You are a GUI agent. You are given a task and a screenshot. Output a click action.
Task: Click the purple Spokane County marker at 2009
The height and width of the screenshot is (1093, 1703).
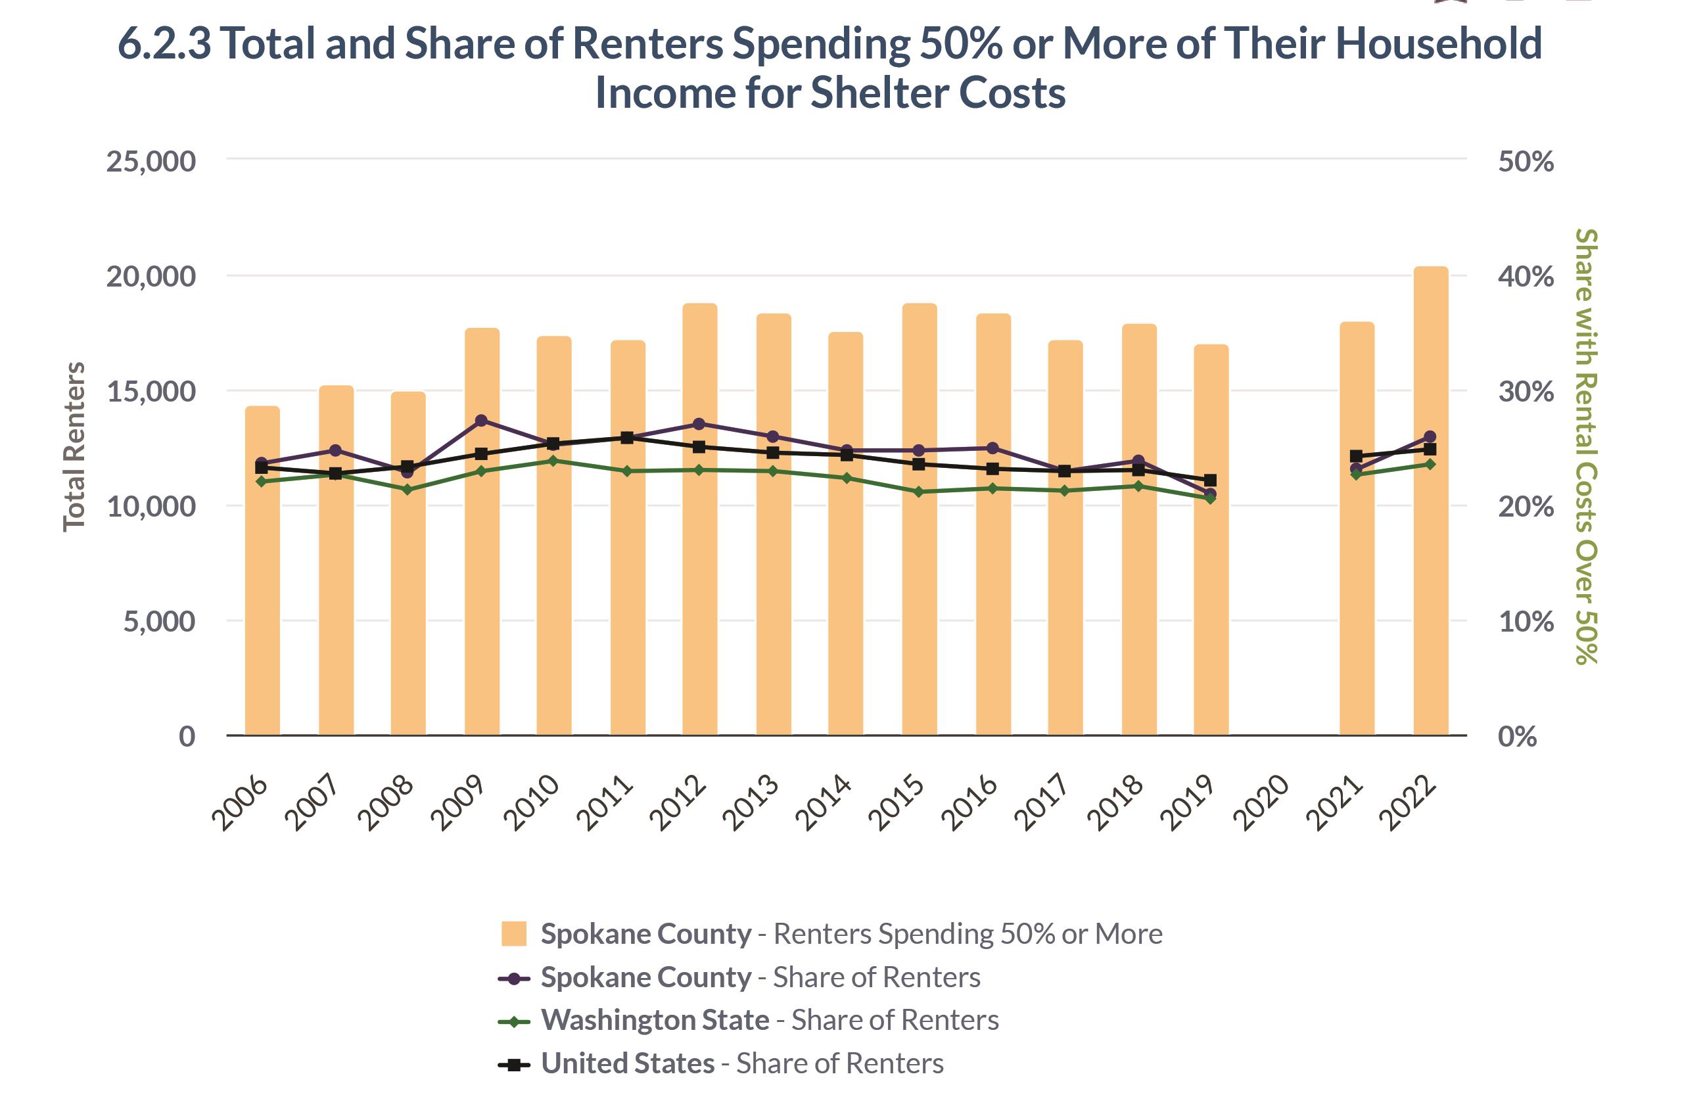pos(481,420)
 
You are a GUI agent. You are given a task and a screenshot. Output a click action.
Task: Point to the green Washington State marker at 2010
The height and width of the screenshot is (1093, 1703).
pos(553,461)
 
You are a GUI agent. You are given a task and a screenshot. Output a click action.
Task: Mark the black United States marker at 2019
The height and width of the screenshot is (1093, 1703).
pos(1211,480)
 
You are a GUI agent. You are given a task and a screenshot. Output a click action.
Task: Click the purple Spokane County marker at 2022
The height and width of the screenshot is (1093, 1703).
pos(1430,436)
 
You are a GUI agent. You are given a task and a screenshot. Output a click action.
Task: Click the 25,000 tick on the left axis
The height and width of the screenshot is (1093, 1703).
pos(151,162)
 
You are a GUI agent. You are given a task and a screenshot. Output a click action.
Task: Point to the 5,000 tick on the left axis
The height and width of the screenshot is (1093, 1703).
pos(160,622)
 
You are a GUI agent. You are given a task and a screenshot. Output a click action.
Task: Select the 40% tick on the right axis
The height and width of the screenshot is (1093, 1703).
pos(1526,277)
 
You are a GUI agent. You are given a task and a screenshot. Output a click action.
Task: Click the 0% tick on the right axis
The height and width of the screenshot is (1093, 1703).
pos(1517,737)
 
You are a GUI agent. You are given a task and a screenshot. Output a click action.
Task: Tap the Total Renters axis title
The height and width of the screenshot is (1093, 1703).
pos(74,447)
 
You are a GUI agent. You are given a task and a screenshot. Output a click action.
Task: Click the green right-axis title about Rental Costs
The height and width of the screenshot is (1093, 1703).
pos(1585,447)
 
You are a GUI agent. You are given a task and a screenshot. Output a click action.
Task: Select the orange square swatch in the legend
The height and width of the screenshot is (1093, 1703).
pos(514,934)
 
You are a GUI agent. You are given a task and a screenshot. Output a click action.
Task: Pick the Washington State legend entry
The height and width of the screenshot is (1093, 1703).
pos(770,1020)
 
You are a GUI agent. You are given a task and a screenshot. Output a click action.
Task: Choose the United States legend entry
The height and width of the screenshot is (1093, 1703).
pos(742,1063)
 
